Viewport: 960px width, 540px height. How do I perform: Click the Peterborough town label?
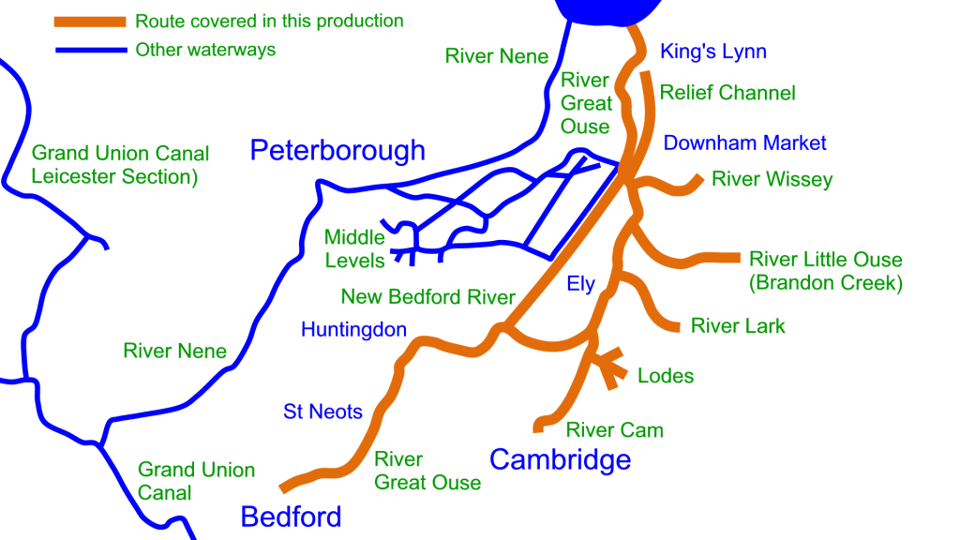point(337,150)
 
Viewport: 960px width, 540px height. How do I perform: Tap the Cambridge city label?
point(560,459)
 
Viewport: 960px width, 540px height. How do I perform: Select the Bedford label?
point(291,516)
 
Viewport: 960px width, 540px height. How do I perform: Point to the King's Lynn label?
point(712,52)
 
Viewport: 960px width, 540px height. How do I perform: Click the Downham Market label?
point(745,143)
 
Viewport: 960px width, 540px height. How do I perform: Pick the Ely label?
point(581,284)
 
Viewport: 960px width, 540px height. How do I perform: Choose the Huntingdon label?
point(353,329)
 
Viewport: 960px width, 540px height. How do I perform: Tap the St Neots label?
point(322,412)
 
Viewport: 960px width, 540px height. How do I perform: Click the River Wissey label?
point(772,179)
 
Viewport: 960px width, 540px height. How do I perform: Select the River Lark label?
point(738,326)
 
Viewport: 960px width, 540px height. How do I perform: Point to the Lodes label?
point(666,376)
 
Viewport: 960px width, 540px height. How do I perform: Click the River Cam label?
point(614,430)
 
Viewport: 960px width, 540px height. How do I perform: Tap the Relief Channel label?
point(727,93)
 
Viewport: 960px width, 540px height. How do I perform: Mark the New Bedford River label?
point(427,297)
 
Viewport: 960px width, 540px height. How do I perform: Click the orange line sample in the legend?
point(90,22)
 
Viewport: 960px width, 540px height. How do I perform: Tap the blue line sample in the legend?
point(90,50)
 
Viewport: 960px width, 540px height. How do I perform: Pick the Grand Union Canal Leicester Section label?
point(120,164)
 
